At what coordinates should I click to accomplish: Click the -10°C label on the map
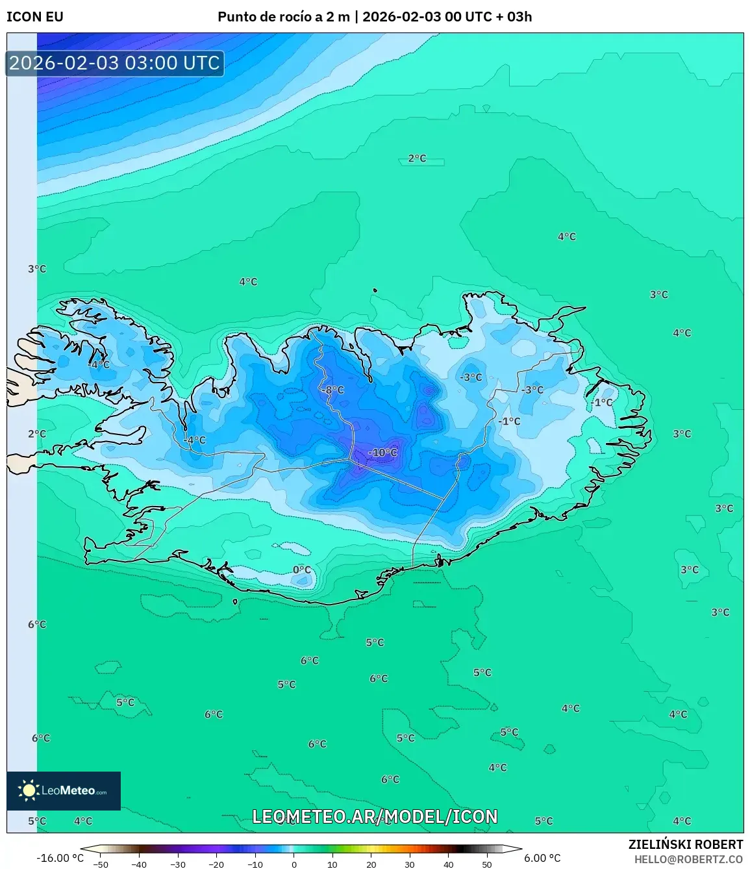click(x=382, y=453)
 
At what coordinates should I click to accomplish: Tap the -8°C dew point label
click(x=333, y=390)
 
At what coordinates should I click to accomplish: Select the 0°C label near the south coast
click(x=302, y=570)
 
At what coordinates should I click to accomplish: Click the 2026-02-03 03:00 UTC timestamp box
click(x=115, y=63)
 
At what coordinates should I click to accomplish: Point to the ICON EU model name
click(x=35, y=17)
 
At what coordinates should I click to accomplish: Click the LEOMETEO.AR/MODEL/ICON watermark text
click(x=375, y=816)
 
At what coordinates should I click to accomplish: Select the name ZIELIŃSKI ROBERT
click(x=686, y=844)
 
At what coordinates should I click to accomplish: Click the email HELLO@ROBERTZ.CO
click(x=688, y=859)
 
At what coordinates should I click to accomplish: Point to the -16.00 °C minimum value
click(x=60, y=858)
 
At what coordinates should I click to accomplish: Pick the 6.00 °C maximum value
click(x=542, y=858)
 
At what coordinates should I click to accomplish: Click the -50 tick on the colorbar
click(x=101, y=864)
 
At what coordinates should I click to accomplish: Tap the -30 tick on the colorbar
click(x=178, y=864)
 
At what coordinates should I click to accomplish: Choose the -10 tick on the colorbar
click(x=255, y=864)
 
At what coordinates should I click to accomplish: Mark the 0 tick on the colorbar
click(x=294, y=864)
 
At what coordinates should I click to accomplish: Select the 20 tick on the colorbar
click(x=371, y=864)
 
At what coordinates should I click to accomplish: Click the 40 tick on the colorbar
click(x=449, y=864)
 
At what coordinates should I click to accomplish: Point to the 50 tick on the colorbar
click(x=487, y=864)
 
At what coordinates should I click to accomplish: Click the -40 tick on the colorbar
click(x=139, y=864)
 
